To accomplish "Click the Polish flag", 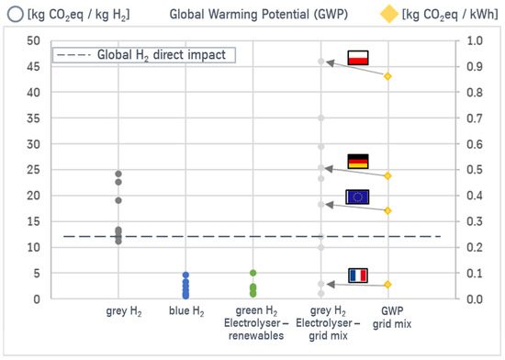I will point(356,58).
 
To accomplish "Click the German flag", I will point(356,162).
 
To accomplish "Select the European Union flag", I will point(356,196).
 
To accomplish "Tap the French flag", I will point(356,275).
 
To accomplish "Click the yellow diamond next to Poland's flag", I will point(388,76).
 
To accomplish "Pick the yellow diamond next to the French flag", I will point(388,285).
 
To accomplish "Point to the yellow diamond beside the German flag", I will point(388,175).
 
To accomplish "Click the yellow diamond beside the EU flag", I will point(388,210).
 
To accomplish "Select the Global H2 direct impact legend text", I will point(151,55).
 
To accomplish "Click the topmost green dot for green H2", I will point(252,273).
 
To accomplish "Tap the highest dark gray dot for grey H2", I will point(118,174).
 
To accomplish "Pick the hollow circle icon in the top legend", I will point(14,15).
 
